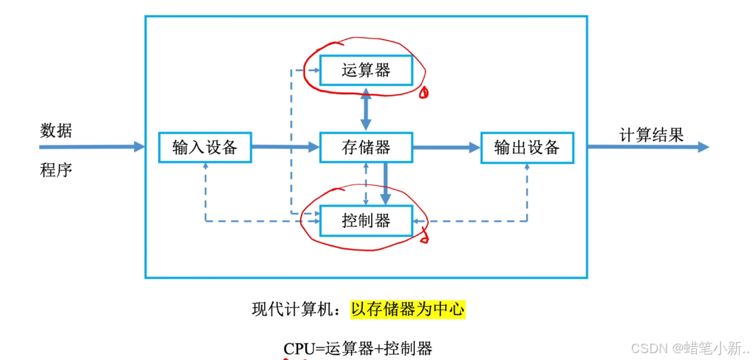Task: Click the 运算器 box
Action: click(x=366, y=70)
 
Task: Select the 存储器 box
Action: click(x=366, y=147)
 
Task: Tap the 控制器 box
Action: click(x=366, y=220)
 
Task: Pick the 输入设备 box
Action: click(x=205, y=147)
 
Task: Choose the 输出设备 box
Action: click(x=526, y=147)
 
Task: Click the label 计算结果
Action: click(x=652, y=134)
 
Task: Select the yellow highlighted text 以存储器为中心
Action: click(x=407, y=310)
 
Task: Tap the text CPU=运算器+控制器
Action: click(x=358, y=348)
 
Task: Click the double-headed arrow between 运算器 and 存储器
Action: click(x=365, y=109)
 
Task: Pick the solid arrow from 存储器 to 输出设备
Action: click(x=446, y=147)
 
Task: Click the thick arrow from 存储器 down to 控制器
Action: click(x=385, y=182)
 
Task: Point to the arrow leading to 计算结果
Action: click(x=647, y=147)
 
